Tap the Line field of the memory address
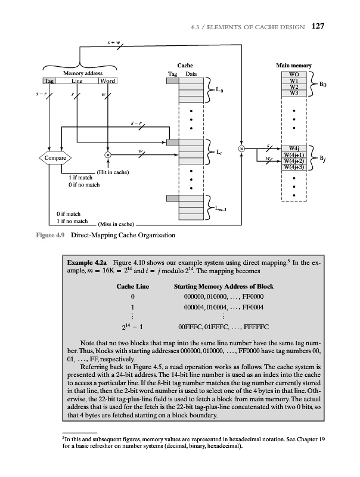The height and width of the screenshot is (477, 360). coord(77,81)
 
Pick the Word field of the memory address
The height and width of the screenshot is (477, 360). coord(108,81)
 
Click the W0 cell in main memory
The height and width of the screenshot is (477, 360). coord(293,75)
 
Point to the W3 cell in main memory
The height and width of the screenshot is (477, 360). coord(293,92)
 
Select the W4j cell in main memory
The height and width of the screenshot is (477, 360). coord(293,148)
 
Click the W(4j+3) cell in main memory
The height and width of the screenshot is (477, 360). coord(293,167)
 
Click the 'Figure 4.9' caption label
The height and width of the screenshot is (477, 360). coord(49,235)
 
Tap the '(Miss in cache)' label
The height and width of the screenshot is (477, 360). coord(114,224)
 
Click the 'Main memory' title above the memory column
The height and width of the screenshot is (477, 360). coord(293,66)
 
